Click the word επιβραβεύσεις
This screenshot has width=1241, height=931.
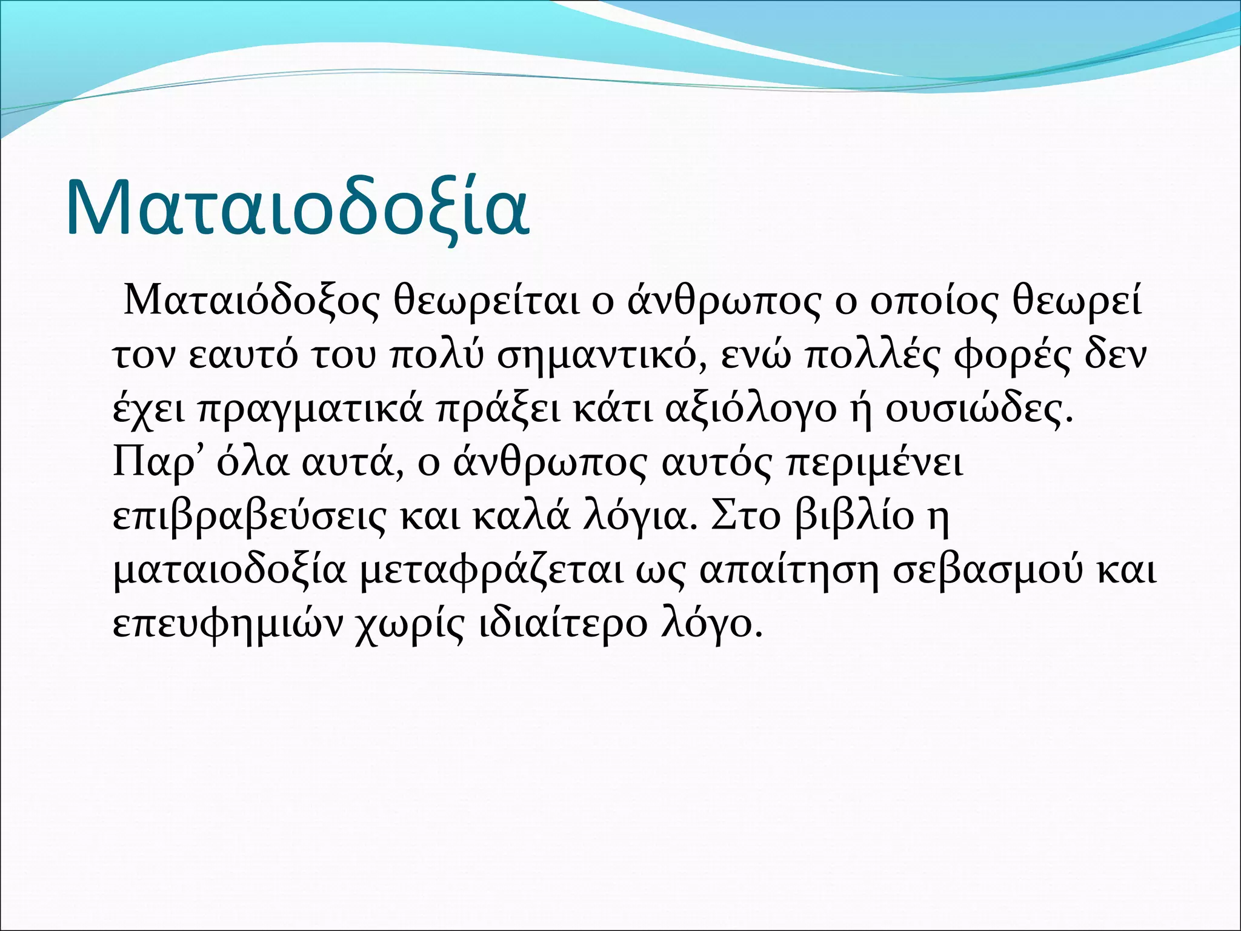tap(249, 516)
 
